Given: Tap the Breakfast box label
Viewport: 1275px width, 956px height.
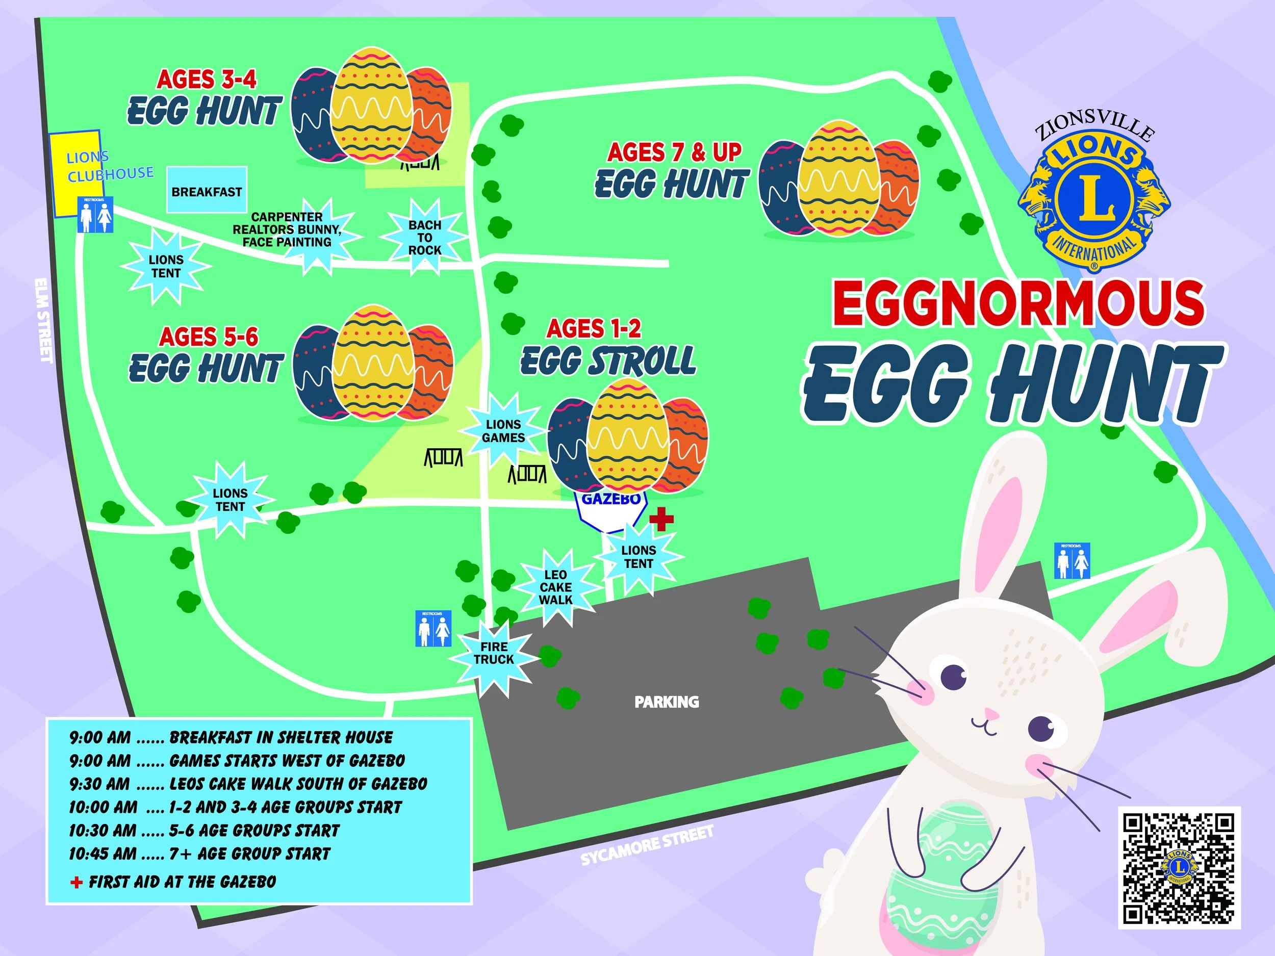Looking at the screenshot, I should (x=207, y=191).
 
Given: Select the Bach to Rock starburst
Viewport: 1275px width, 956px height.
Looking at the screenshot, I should (x=425, y=238).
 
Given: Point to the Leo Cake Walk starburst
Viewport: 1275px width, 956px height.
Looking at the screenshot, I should (x=556, y=587).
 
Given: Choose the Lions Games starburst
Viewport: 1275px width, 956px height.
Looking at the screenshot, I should (x=503, y=431).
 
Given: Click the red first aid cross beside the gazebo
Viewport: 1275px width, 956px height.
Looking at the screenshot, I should (x=661, y=518).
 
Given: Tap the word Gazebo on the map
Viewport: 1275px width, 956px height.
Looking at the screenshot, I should (x=611, y=499).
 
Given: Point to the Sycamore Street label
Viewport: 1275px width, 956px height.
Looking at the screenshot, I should (x=647, y=845).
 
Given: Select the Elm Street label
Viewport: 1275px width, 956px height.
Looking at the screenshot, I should (x=43, y=320).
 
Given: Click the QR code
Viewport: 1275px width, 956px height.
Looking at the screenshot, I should (x=1179, y=868).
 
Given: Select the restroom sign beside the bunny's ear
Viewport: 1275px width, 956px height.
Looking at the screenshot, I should (x=1072, y=560).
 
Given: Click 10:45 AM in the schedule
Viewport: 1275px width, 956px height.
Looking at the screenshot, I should (x=103, y=854).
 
